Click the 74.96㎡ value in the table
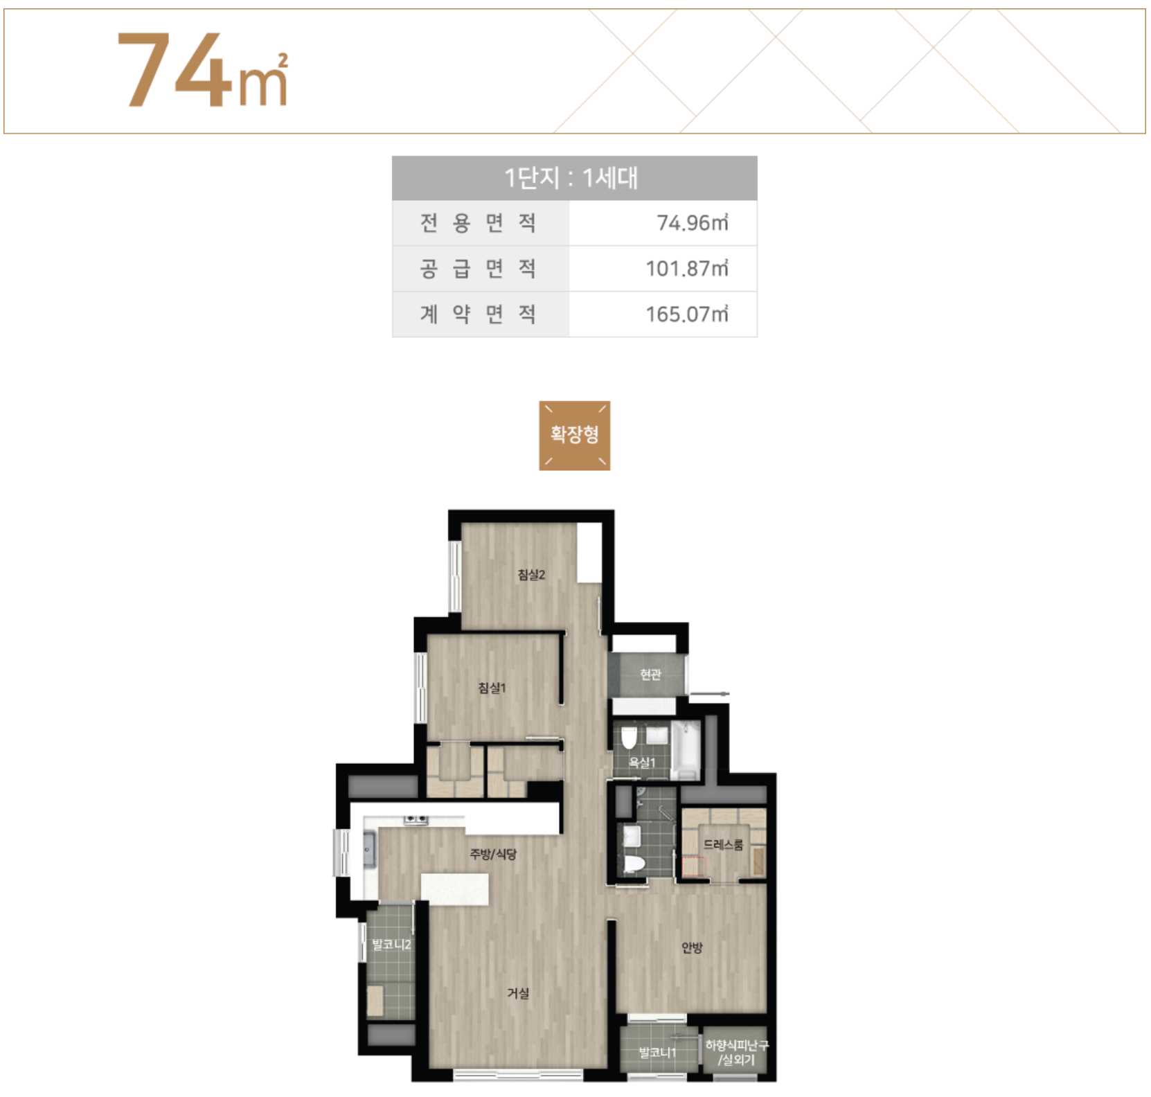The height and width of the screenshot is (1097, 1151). point(693,223)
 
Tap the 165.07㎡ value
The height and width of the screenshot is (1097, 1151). point(687,314)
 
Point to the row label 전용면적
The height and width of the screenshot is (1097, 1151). point(478,223)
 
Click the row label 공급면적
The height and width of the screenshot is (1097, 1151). point(478,269)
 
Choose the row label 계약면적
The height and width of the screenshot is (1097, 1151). point(478,314)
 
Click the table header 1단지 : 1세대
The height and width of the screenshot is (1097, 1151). point(571,178)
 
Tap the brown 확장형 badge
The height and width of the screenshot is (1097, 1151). point(575,435)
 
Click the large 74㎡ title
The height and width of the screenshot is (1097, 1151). point(202,69)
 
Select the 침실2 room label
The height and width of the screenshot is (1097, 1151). point(531,574)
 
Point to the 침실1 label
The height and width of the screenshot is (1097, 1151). point(492,688)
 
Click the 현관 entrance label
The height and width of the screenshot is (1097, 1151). point(650,675)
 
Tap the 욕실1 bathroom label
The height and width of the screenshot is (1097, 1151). point(642,762)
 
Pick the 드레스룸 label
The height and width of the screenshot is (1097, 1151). point(724,845)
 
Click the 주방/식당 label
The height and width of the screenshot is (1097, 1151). point(493,854)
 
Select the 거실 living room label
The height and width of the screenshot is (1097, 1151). point(518,993)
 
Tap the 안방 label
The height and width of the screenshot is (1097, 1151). point(692,947)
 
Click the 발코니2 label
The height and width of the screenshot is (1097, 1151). point(391,945)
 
